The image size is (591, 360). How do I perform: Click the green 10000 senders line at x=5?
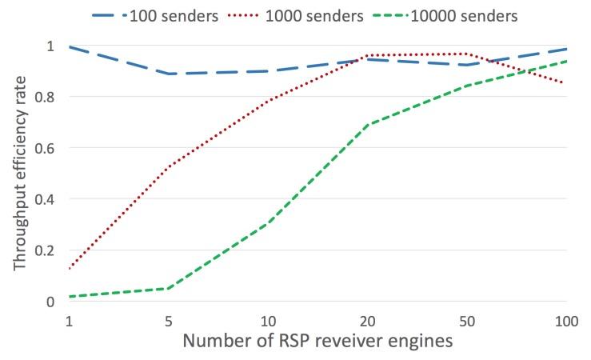pyautogui.click(x=169, y=288)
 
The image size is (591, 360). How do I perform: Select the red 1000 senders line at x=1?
pyautogui.click(x=69, y=268)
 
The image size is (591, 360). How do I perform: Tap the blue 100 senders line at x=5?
pyautogui.click(x=169, y=74)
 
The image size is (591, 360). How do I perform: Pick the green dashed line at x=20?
pyautogui.click(x=368, y=125)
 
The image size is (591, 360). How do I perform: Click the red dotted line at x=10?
pyautogui.click(x=268, y=101)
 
